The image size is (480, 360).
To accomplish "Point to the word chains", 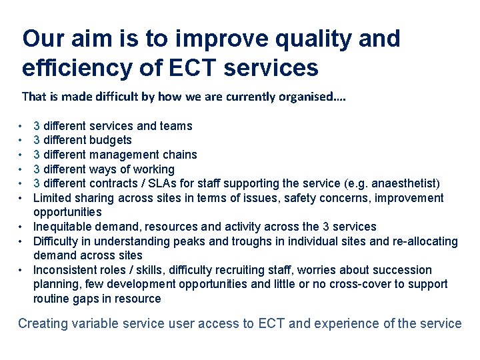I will click(x=181, y=155).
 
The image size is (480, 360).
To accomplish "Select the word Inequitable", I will click(x=62, y=227).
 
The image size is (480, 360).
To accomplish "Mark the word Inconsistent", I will click(x=65, y=270).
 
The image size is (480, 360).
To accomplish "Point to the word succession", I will click(x=405, y=270).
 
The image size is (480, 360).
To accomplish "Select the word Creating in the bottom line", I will click(x=43, y=324).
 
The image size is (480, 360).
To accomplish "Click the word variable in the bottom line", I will click(x=99, y=324).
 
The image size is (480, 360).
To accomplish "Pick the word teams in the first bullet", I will click(x=177, y=126).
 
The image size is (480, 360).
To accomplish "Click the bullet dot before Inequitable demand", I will click(x=22, y=227).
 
